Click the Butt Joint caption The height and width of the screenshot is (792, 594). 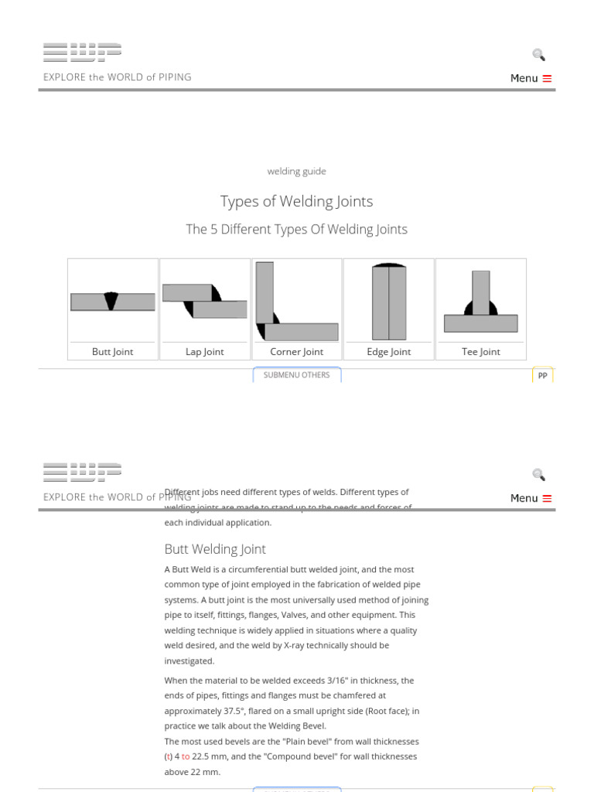coord(112,352)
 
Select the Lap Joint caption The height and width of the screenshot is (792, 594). coord(204,352)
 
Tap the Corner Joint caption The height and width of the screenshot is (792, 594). coord(296,352)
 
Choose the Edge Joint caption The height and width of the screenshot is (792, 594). coord(388,352)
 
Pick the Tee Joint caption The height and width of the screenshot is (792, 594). coord(480,352)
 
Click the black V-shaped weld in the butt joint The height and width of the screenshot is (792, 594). coord(111,301)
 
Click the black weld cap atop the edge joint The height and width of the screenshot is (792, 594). coord(388,265)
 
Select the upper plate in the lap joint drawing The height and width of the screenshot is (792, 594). coord(186,292)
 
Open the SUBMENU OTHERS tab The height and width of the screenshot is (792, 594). coord(296,375)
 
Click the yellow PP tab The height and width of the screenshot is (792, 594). coord(542,376)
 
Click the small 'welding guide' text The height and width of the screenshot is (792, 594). coord(296,171)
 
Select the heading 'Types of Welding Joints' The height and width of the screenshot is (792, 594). coord(296,201)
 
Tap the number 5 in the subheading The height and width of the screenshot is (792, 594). coord(213,230)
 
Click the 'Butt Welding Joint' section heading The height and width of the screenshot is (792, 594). coord(215,549)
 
